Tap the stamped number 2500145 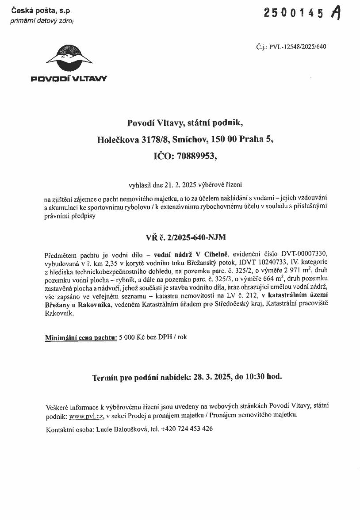click(294, 13)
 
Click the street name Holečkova click(118, 139)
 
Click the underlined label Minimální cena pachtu click(81, 337)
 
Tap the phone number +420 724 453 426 click(187, 429)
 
